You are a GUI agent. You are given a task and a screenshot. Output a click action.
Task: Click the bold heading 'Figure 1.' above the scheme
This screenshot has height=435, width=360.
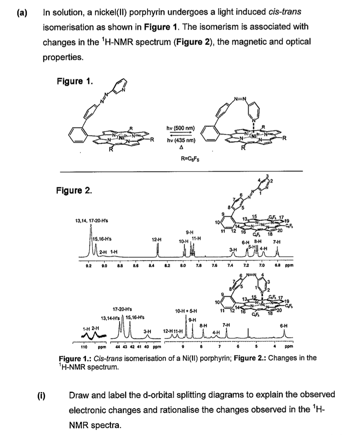click(74, 81)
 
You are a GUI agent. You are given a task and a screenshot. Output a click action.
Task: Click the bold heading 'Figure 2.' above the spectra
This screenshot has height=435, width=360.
click(74, 191)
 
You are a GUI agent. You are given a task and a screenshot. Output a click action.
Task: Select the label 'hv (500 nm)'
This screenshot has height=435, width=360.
click(181, 128)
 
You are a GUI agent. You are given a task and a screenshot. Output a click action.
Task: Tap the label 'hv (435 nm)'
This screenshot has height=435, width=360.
click(181, 140)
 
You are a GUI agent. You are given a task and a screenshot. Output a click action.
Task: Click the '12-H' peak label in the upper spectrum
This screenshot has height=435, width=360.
click(156, 239)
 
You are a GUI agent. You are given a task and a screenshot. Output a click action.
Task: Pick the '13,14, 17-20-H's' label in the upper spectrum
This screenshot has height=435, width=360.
click(92, 221)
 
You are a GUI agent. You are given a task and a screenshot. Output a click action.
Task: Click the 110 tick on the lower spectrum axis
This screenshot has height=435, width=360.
click(84, 347)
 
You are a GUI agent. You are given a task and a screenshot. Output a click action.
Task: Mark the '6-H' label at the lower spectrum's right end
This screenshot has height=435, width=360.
click(284, 325)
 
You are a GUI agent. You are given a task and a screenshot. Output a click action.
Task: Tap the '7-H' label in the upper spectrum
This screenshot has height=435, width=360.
click(276, 242)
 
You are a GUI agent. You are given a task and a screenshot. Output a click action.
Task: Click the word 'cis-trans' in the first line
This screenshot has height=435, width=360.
click(284, 12)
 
